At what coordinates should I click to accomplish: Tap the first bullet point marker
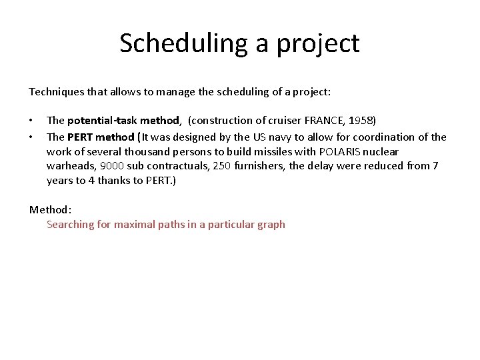coord(31,121)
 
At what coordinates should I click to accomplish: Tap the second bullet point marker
coord(31,137)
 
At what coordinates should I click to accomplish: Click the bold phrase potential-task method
coord(123,121)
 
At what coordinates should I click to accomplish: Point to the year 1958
coord(359,121)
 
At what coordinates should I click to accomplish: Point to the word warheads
coord(70,166)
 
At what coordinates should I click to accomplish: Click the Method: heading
coord(50,209)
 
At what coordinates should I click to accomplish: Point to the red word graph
coord(270,225)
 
